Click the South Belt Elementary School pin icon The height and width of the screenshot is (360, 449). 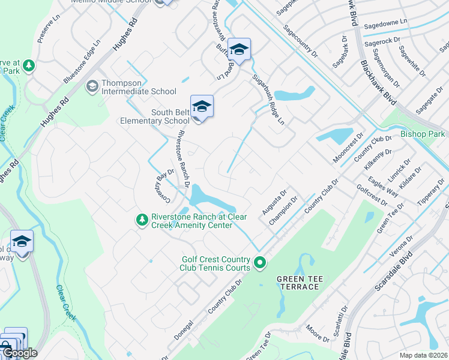[202, 107]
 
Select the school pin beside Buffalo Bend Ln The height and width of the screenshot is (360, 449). [239, 50]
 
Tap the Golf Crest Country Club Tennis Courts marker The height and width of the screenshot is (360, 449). [260, 262]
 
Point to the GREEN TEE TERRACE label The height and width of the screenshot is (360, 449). [298, 283]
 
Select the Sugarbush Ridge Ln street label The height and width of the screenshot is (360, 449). [268, 99]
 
